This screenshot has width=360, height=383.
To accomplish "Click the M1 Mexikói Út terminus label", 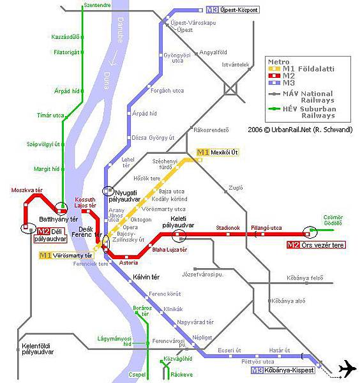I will [x=218, y=152].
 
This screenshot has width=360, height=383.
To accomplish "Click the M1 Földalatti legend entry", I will [x=310, y=68].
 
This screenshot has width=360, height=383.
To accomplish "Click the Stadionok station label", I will [x=227, y=227].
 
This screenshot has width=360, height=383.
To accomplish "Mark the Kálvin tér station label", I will [x=146, y=276].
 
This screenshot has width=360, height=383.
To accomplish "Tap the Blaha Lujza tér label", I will [x=169, y=250].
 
